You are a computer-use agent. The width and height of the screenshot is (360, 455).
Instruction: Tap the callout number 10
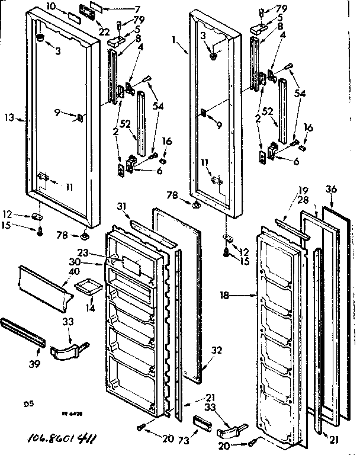click(x=67, y=7)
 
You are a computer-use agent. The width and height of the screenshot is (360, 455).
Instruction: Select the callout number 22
click(x=104, y=30)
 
